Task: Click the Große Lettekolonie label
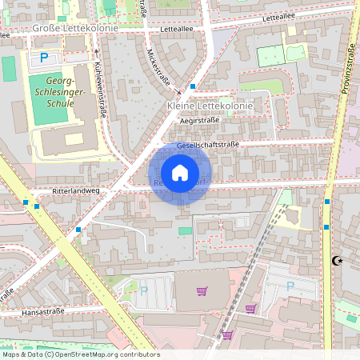74,28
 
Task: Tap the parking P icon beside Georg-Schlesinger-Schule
44,58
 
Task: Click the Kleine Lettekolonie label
210,106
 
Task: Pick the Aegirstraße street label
199,119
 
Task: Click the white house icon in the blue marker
180,172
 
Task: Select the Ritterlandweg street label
75,193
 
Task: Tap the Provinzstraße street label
346,68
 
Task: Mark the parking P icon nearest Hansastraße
144,291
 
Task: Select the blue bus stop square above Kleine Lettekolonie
193,86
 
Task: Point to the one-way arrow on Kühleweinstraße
96,52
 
